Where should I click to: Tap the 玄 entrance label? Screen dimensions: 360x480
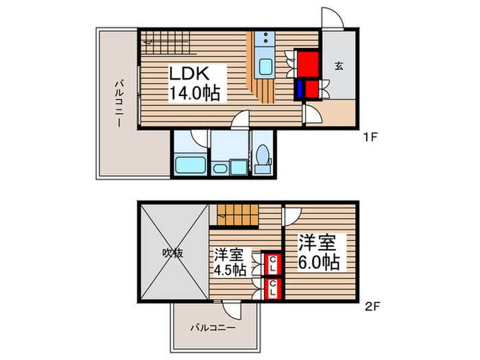pyautogui.click(x=339, y=67)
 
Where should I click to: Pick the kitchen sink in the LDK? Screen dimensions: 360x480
pyautogui.click(x=265, y=67)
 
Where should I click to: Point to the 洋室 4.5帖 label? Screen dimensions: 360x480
pyautogui.click(x=230, y=261)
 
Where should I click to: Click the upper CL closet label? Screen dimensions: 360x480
pyautogui.click(x=272, y=263)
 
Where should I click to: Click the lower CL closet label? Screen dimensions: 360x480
pyautogui.click(x=272, y=290)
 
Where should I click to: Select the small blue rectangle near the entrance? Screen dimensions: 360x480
pyautogui.click(x=300, y=89)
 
